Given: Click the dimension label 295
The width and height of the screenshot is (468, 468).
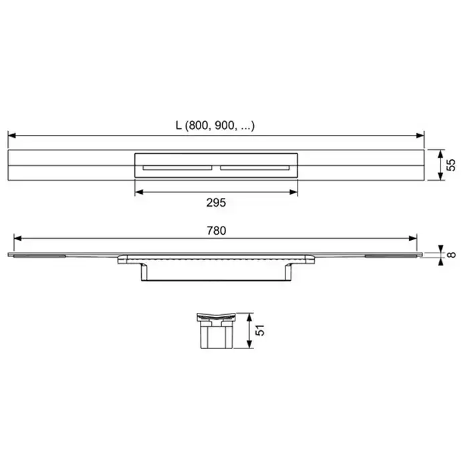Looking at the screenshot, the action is (x=216, y=203).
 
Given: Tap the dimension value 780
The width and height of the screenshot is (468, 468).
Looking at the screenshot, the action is (x=217, y=231).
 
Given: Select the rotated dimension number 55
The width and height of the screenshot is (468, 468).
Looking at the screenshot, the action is (x=451, y=165).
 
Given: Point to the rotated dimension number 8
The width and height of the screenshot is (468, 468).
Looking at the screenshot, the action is (x=452, y=255).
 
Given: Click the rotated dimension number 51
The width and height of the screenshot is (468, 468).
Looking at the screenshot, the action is (x=260, y=330).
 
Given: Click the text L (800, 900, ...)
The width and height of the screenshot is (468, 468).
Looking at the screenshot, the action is (x=215, y=126).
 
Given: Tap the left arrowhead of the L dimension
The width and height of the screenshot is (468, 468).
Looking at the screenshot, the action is (x=12, y=136).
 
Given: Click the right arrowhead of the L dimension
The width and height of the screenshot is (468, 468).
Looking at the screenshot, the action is (x=421, y=136).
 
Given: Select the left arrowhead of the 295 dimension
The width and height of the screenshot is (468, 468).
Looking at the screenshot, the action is (x=139, y=192).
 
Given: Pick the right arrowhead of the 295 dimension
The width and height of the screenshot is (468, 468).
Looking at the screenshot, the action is (x=294, y=192).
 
